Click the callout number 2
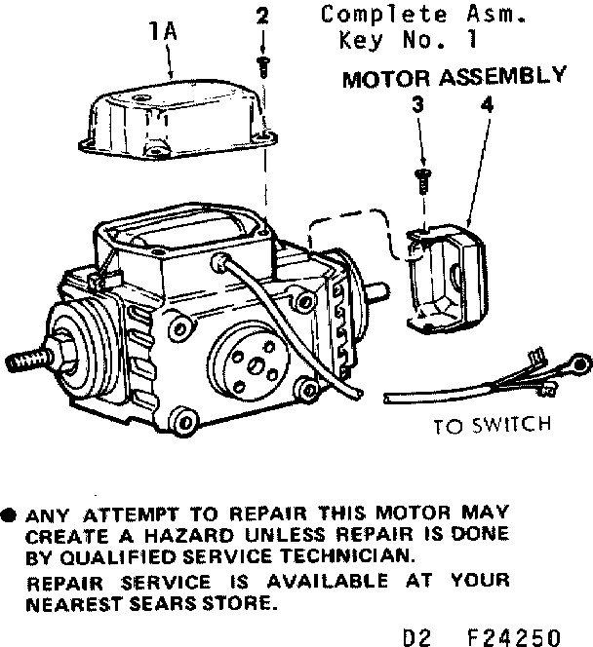click(x=261, y=17)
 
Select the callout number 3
click(x=416, y=104)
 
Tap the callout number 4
click(x=486, y=104)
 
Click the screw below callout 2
click(x=261, y=65)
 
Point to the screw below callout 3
click(x=421, y=179)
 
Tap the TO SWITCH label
click(x=493, y=425)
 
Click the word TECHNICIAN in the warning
click(x=323, y=557)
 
